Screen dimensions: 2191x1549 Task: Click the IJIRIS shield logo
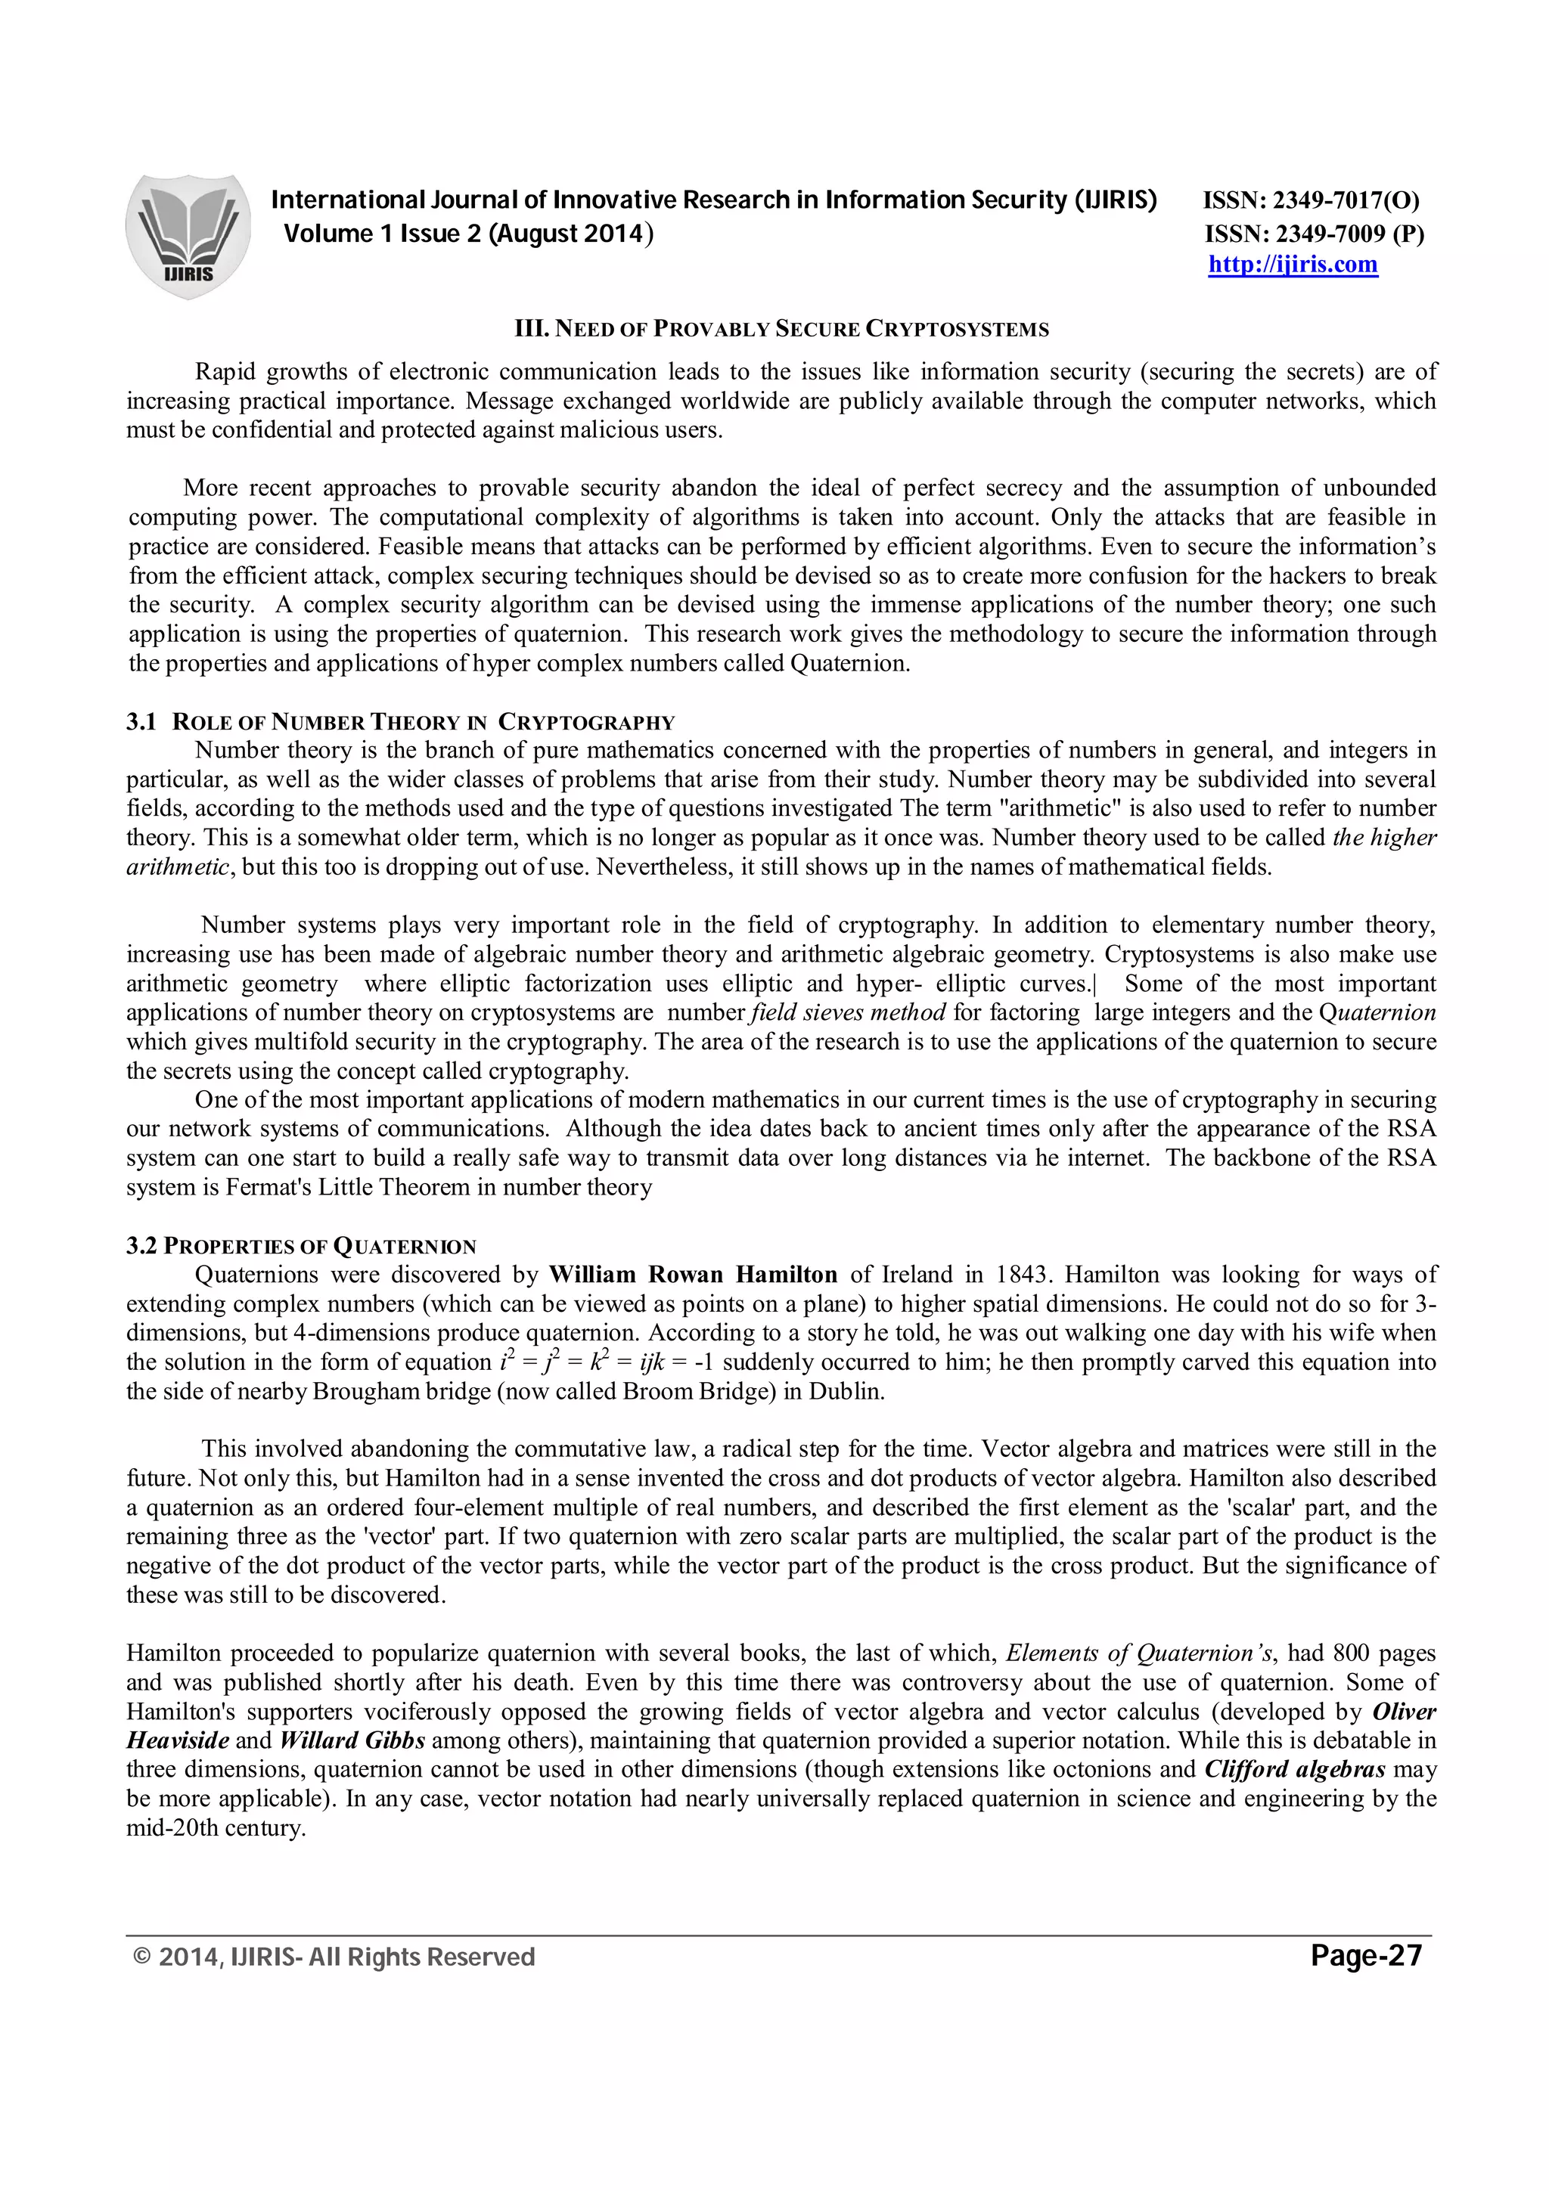pyautogui.click(x=188, y=236)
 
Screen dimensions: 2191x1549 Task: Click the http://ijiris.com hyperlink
pyautogui.click(x=1293, y=265)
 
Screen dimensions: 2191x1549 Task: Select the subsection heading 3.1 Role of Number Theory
pyautogui.click(x=400, y=721)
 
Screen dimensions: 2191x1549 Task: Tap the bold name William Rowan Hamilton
pyautogui.click(x=693, y=1275)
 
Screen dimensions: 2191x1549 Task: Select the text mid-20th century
pyautogui.click(x=215, y=1828)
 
